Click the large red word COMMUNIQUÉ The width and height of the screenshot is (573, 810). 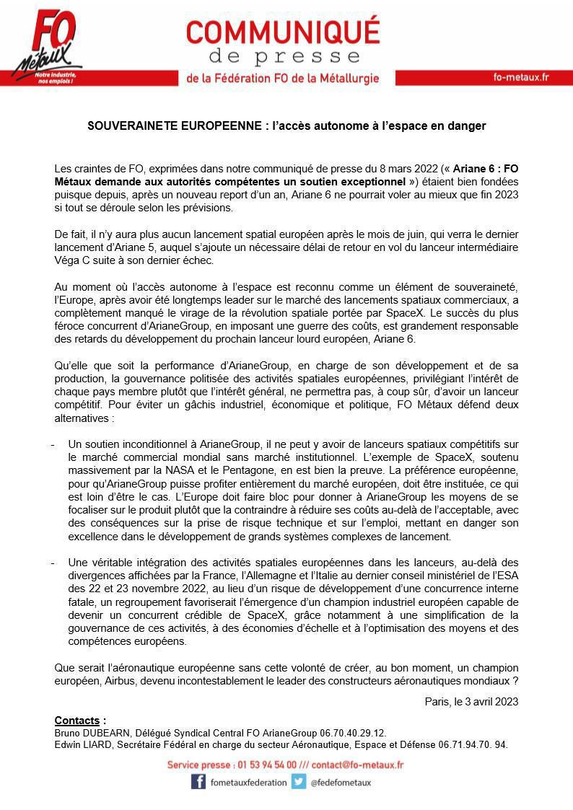282,32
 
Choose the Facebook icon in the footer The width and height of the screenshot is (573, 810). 198,782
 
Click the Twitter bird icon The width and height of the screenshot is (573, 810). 299,782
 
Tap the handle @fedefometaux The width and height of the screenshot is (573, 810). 341,783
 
